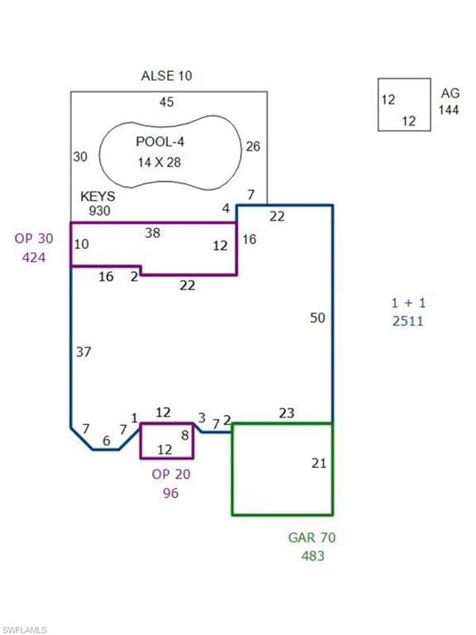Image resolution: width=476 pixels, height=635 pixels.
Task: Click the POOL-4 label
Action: tap(159, 141)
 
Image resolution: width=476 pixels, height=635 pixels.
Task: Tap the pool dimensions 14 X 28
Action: tap(159, 162)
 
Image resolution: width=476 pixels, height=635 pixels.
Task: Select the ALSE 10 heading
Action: tap(166, 76)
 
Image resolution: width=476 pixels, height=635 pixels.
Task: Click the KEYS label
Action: tap(98, 197)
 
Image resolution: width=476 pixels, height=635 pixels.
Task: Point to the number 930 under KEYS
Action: tap(99, 211)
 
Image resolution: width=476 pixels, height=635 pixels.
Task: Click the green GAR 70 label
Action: tap(312, 537)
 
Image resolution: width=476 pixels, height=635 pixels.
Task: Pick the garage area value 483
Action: tap(313, 556)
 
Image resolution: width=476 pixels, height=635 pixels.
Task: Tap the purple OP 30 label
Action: tap(34, 238)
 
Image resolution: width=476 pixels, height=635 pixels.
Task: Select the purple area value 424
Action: tap(34, 257)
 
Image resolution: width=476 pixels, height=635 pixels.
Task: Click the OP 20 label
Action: tap(171, 474)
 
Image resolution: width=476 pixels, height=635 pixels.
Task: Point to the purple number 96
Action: tap(171, 493)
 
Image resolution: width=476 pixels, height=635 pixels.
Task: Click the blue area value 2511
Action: tap(408, 321)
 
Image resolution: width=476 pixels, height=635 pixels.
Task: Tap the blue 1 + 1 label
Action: tap(408, 303)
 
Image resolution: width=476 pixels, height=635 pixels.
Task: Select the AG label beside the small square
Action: tap(450, 93)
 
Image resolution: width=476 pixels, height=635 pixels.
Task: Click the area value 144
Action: tap(449, 110)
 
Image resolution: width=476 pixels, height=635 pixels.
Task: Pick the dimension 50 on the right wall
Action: tap(317, 317)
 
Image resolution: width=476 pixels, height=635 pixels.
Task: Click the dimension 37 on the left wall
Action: tap(83, 352)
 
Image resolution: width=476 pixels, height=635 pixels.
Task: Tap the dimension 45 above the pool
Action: tap(166, 102)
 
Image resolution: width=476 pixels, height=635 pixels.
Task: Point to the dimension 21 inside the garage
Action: tap(319, 463)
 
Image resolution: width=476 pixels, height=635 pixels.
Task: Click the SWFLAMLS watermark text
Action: tap(24, 630)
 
